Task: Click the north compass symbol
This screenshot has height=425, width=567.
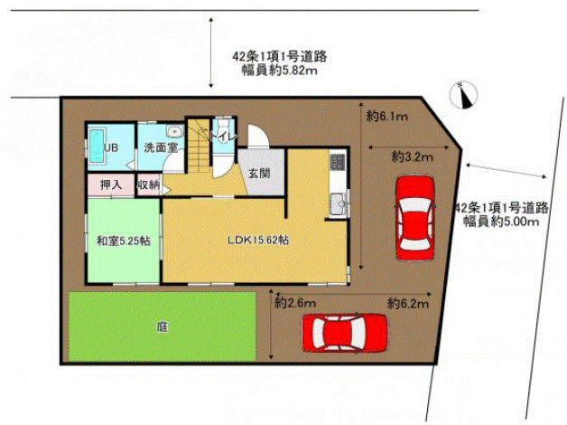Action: click(x=463, y=95)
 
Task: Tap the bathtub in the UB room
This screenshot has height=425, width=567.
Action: click(x=97, y=146)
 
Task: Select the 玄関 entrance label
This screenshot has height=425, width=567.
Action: click(x=259, y=174)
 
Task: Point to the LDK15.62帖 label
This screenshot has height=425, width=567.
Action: click(x=258, y=240)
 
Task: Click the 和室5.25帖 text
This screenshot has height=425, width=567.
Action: click(x=124, y=241)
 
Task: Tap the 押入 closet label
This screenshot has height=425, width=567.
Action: click(x=111, y=185)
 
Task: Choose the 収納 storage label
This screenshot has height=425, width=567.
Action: click(x=148, y=185)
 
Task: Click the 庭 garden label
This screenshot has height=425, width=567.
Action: click(x=163, y=327)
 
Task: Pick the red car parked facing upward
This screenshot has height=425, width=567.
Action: click(x=414, y=218)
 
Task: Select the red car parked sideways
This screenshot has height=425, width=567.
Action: click(x=345, y=333)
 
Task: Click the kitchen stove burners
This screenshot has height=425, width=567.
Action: click(x=338, y=162)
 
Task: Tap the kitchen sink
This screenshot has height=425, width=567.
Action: click(x=339, y=204)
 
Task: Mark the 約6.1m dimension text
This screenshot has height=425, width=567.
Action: click(x=387, y=117)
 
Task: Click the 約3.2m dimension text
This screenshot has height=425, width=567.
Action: click(x=413, y=157)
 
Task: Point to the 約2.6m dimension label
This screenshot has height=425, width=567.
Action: click(x=295, y=303)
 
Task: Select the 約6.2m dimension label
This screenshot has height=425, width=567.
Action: click(x=408, y=303)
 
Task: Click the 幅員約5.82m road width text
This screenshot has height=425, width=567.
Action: click(x=280, y=71)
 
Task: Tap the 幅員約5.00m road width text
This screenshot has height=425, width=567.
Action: click(x=501, y=221)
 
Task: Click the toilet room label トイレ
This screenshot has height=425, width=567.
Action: click(x=224, y=137)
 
